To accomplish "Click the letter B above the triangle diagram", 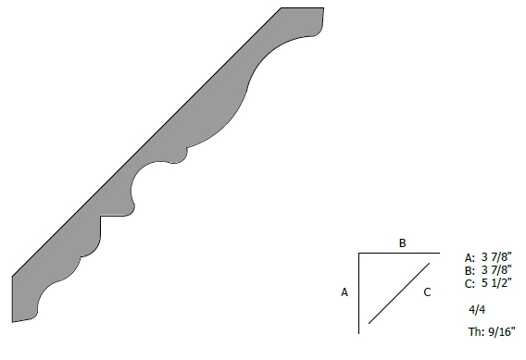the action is (402, 242).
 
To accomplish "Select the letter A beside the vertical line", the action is (344, 292).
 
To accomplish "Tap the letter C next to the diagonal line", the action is (427, 292).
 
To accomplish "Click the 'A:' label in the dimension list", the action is (470, 258).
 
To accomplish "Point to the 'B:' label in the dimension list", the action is (470, 270).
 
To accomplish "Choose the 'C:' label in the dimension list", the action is (470, 283).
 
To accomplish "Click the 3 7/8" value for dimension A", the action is (496, 256).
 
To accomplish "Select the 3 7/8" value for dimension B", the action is (496, 269).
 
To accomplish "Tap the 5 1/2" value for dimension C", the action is (496, 282).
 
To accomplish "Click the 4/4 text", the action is (477, 310).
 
